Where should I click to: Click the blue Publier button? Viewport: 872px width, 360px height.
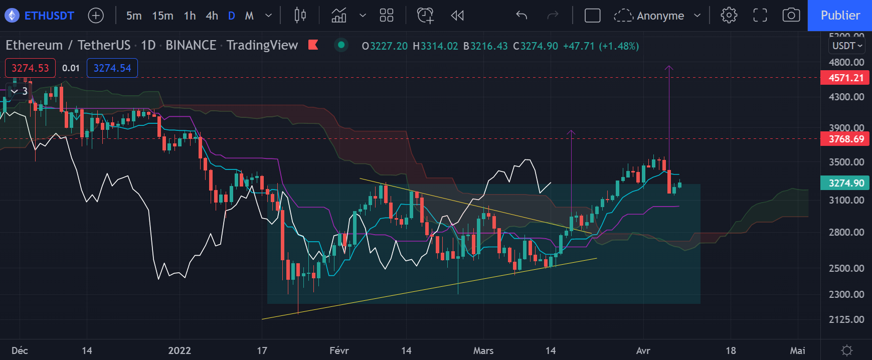(839, 16)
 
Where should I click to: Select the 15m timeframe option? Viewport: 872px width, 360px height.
(162, 16)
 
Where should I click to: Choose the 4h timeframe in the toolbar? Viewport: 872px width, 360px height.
(212, 16)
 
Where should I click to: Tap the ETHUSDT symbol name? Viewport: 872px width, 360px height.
(49, 16)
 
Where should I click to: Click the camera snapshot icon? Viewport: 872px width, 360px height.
(791, 16)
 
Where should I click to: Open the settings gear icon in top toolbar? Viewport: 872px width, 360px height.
(729, 16)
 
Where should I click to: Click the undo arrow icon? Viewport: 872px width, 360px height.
(521, 16)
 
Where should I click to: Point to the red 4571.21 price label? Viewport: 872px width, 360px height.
(845, 78)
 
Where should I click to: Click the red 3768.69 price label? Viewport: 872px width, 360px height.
(845, 139)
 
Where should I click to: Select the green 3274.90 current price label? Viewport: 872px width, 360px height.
(845, 183)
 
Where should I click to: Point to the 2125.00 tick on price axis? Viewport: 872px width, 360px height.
(846, 319)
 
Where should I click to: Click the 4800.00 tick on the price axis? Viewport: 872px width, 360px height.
(846, 62)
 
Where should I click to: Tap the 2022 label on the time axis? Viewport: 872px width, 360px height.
(179, 350)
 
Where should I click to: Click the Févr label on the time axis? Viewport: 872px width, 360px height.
(339, 350)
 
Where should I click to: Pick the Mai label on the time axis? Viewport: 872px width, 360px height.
(797, 350)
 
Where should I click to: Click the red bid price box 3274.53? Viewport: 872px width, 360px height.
(30, 68)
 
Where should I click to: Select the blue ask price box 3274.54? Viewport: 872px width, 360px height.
(112, 68)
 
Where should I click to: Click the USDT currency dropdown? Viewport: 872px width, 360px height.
(847, 46)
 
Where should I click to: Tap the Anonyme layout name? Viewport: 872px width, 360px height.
(660, 16)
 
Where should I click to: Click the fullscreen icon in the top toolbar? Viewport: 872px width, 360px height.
(760, 16)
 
